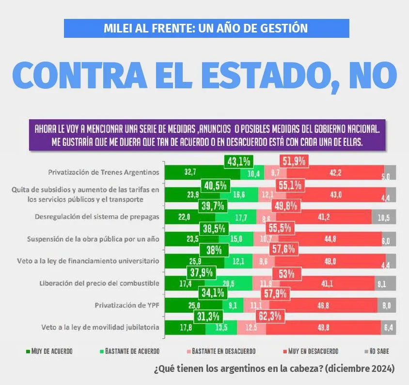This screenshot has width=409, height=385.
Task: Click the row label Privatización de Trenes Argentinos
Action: click(104, 172)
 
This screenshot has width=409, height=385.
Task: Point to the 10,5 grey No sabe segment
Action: click(384, 217)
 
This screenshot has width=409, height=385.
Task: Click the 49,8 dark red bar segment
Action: click(323, 328)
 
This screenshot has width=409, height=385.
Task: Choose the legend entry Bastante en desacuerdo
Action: click(220, 351)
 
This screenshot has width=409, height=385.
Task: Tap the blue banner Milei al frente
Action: click(206, 28)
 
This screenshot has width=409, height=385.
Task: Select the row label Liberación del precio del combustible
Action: click(99, 283)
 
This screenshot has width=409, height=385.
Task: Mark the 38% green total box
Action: click(214, 251)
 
